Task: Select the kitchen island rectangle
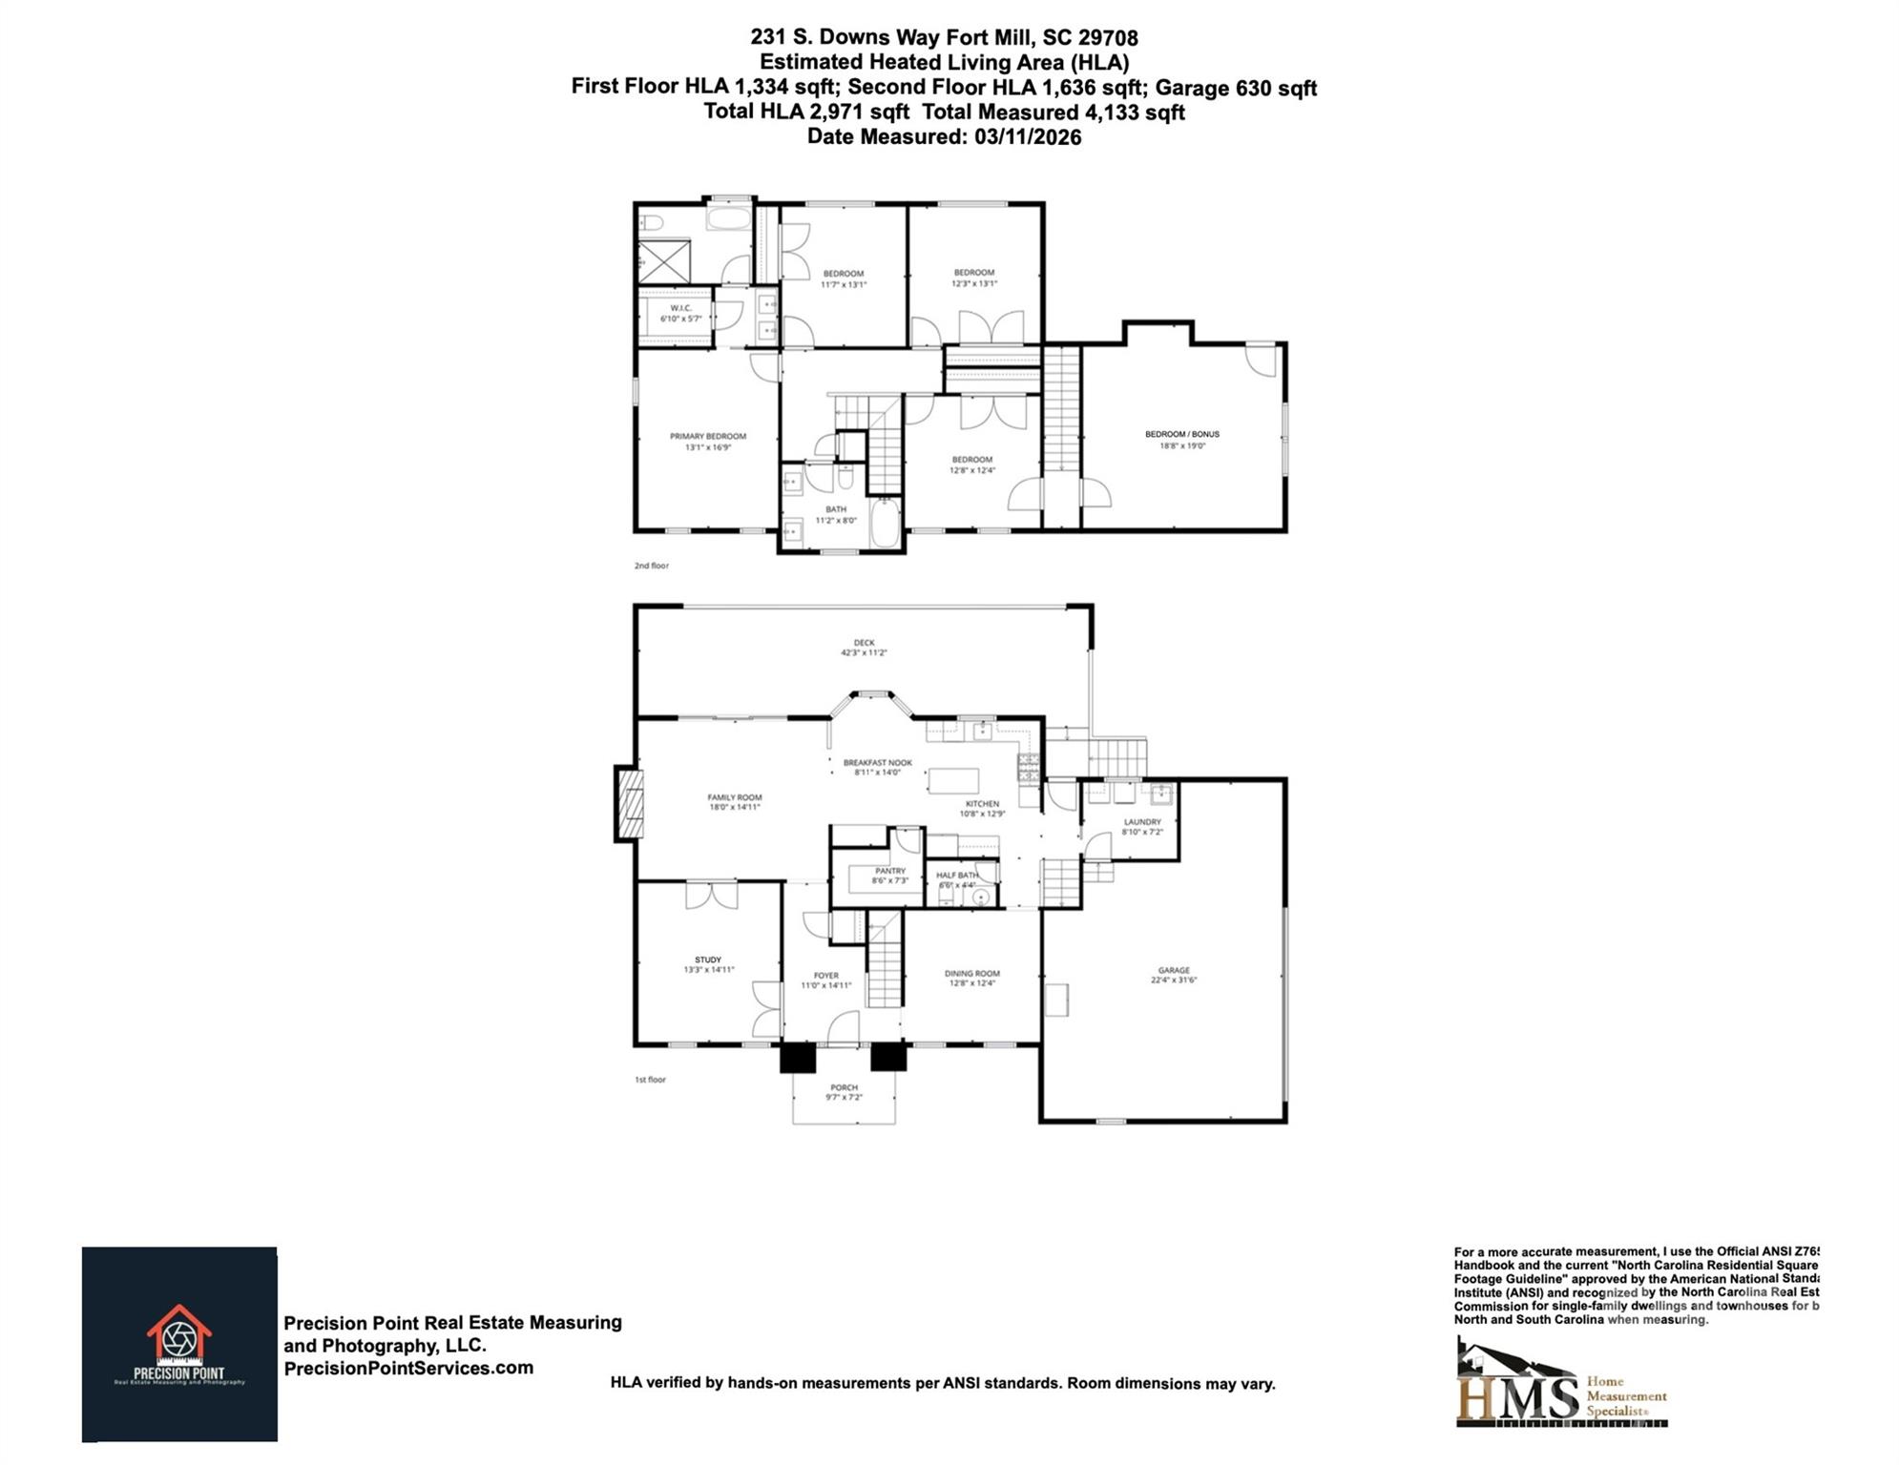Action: tap(953, 780)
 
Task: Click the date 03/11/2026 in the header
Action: tap(1028, 136)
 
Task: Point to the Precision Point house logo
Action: tap(178, 1331)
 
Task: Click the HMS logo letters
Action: tap(1517, 1396)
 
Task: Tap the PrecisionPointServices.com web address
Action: tap(408, 1368)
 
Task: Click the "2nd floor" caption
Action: tap(652, 566)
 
